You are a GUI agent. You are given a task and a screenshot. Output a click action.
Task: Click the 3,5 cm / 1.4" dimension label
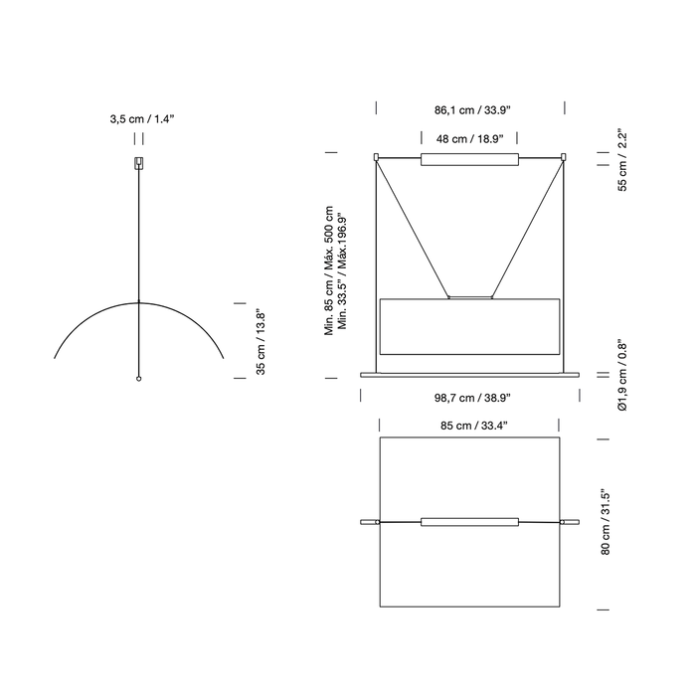pos(142,119)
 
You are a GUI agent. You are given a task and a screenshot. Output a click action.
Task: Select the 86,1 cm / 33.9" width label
pos(472,110)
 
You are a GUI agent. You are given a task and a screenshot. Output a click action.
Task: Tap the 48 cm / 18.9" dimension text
pos(469,139)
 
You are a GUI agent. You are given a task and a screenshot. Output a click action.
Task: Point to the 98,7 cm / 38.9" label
pos(472,398)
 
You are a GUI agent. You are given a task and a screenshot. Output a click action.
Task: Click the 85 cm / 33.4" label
pos(473,426)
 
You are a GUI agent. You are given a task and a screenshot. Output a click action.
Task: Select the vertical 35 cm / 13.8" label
pos(261,342)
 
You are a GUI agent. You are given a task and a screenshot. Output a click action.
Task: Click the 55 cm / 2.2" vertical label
pos(622,161)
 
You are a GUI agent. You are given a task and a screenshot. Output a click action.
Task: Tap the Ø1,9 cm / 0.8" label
pos(622,377)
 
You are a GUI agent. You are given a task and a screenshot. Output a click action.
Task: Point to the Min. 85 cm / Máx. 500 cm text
pos(328,270)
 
